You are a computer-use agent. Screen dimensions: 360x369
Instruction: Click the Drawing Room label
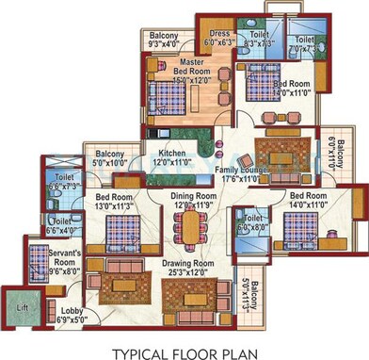tap(194, 264)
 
